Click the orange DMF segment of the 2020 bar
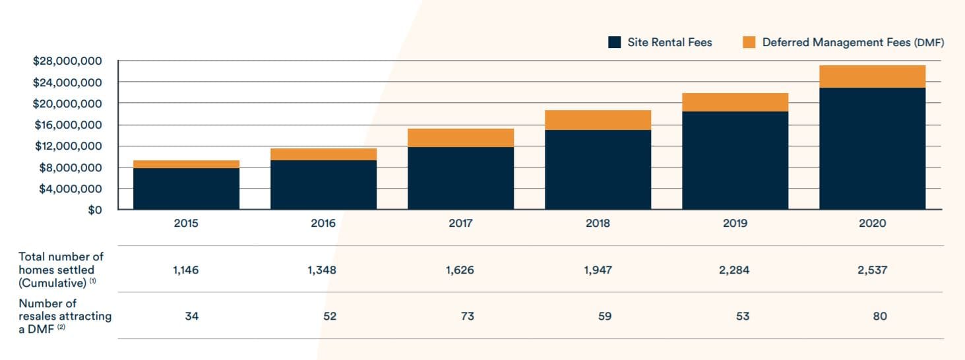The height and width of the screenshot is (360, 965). [872, 76]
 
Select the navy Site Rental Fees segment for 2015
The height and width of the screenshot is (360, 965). [186, 189]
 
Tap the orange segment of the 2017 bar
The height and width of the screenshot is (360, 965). [460, 137]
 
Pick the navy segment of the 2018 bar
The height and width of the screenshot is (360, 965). [598, 169]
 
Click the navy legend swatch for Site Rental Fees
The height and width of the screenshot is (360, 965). [614, 42]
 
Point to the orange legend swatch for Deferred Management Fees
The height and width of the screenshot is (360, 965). [749, 42]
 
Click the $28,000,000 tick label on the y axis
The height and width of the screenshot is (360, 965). [67, 61]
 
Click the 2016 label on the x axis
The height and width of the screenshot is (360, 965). [323, 224]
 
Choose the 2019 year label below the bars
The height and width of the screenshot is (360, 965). [735, 224]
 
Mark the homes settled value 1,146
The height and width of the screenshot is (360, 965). [186, 270]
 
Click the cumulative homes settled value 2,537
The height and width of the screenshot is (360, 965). [872, 270]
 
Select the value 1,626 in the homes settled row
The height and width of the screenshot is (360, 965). [460, 270]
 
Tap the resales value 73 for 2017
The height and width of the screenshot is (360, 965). [460, 316]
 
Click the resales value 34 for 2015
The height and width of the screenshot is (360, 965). [192, 316]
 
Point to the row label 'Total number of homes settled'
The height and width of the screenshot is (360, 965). [61, 270]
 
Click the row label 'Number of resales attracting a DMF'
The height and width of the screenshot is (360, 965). [65, 316]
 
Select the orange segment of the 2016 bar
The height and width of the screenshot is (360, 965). [323, 154]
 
